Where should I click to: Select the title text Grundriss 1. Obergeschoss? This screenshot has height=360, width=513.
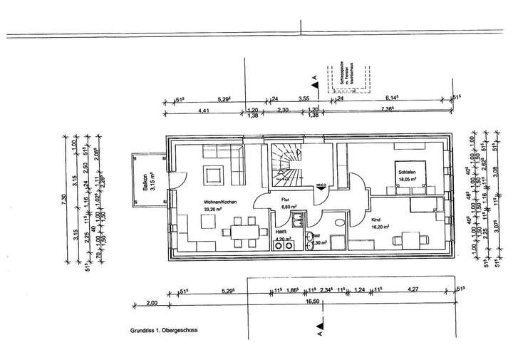[x=163, y=331]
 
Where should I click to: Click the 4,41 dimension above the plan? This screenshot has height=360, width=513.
[x=203, y=110]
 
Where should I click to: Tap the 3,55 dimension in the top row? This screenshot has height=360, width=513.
[x=304, y=99]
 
